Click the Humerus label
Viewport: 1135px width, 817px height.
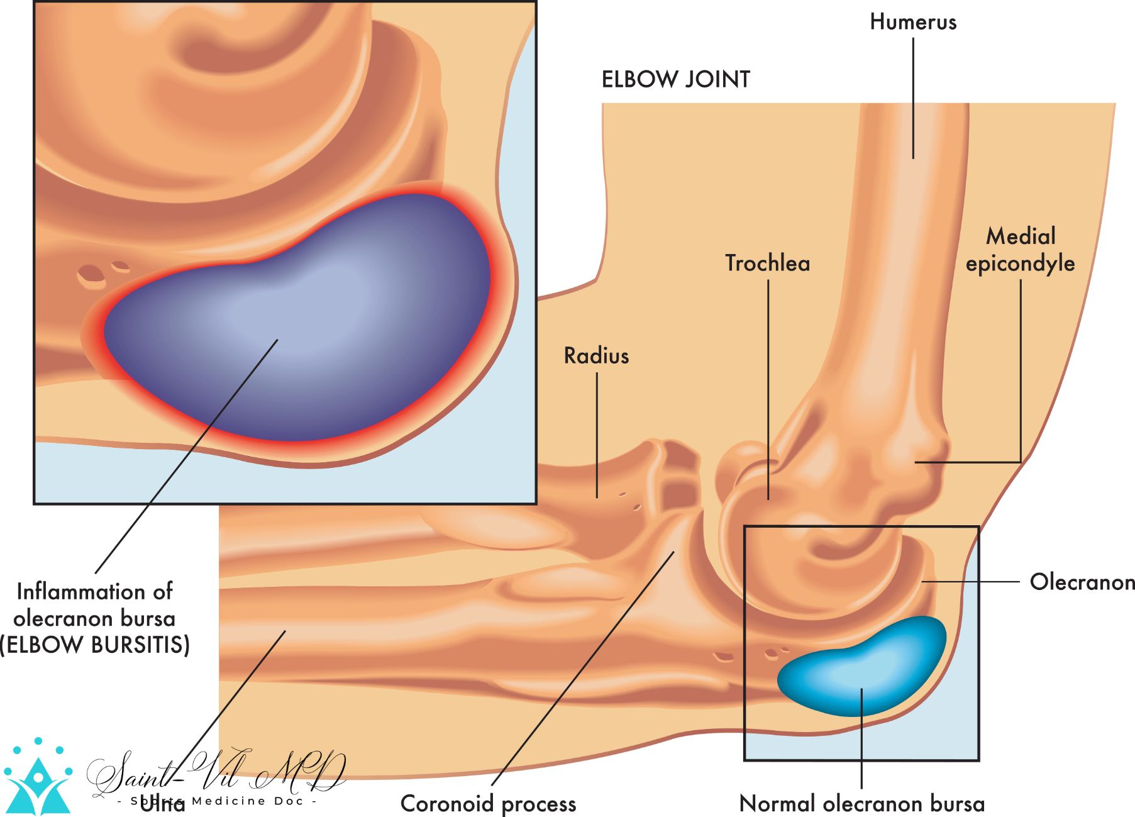(912, 22)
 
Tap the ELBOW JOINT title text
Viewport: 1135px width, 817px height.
(675, 80)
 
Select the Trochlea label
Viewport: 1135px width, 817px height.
(767, 263)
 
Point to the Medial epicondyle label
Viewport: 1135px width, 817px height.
(1020, 250)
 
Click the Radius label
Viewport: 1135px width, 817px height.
(596, 356)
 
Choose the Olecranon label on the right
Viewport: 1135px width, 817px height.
(1082, 582)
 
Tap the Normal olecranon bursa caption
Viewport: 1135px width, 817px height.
(861, 803)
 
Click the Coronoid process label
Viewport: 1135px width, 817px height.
(488, 803)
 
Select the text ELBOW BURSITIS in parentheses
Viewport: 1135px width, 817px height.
(94, 645)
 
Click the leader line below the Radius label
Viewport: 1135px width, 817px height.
(597, 434)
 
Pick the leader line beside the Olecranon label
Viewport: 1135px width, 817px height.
(972, 582)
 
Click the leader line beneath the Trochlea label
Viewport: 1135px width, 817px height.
(768, 390)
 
